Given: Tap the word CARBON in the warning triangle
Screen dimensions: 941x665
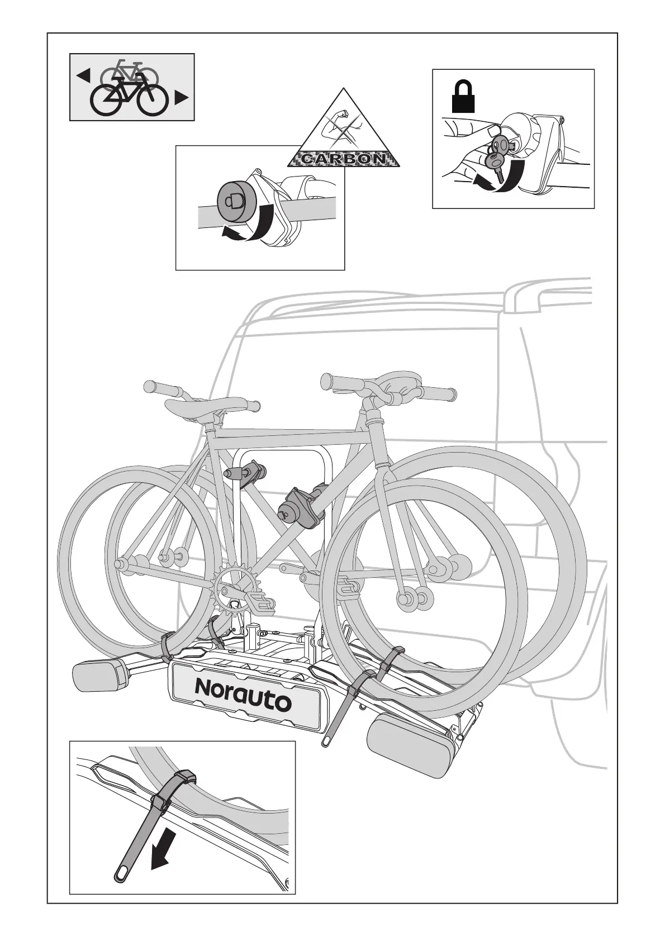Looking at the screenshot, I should coord(343,159).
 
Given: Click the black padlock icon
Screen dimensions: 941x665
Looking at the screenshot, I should coord(463,96).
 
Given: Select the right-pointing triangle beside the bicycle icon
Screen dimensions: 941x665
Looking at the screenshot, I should coord(181,98).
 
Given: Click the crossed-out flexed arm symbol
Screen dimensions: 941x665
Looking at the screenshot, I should coord(343,126).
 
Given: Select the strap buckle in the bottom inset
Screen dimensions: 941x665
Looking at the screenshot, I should coord(185,776).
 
